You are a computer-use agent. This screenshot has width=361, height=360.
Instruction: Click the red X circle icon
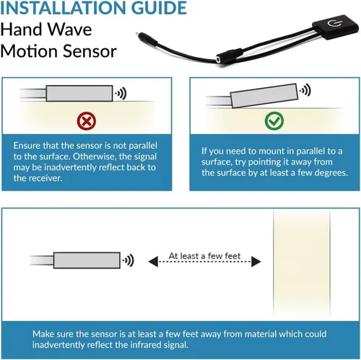[x=87, y=121]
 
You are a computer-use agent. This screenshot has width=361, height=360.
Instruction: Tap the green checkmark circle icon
[x=274, y=121]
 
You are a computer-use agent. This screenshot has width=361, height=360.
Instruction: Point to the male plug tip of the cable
[x=138, y=34]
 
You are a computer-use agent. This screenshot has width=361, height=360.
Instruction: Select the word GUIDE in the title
[x=160, y=8]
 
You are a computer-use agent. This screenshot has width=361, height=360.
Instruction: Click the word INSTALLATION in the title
[x=63, y=8]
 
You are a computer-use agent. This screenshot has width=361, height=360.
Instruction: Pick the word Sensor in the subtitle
[x=90, y=51]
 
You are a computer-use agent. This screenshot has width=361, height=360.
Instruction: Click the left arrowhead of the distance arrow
[x=153, y=261]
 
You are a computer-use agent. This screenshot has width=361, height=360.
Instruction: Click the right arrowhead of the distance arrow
[x=256, y=261]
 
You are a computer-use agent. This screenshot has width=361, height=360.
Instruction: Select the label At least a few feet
[x=204, y=256]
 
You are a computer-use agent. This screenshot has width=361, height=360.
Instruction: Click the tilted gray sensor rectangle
[x=264, y=95]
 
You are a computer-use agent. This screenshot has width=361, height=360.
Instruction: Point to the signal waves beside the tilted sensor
[x=305, y=91]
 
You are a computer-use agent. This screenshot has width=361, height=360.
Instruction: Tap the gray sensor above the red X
[x=79, y=93]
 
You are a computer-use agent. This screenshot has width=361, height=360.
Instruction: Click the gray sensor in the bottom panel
[x=87, y=260]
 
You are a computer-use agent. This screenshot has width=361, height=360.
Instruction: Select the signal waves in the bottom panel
[x=129, y=260]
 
